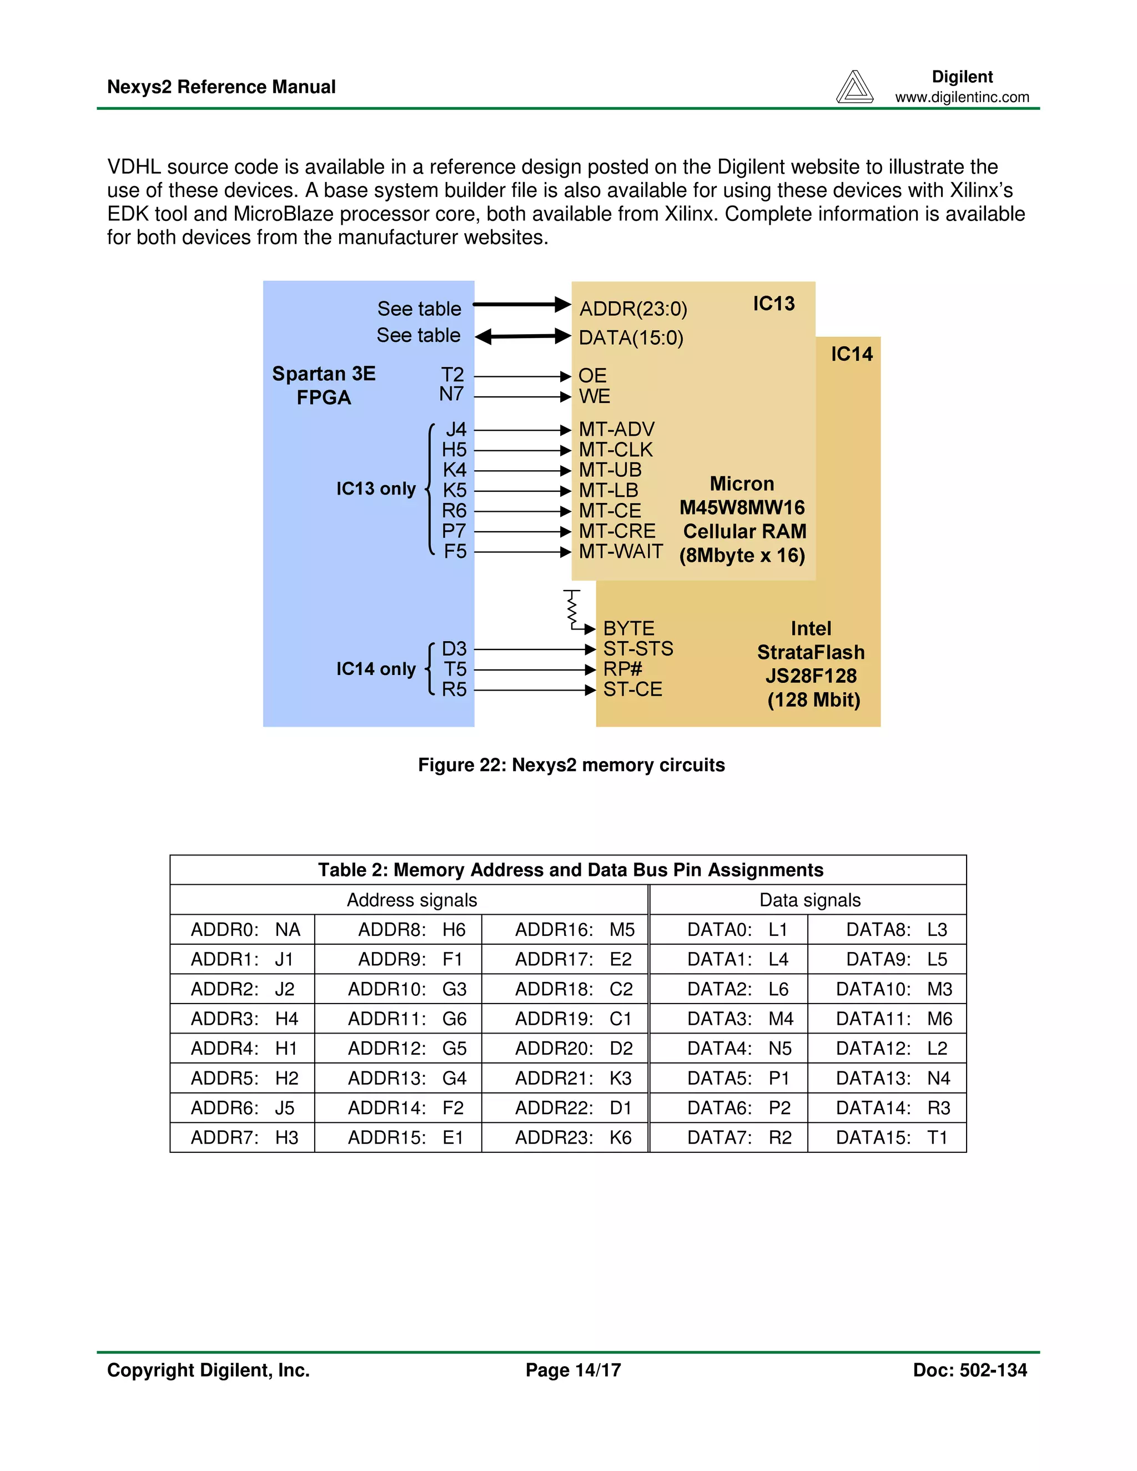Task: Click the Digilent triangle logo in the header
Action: click(854, 88)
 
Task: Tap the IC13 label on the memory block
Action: click(773, 304)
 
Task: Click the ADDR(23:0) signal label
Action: click(633, 309)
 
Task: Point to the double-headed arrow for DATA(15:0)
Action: click(522, 336)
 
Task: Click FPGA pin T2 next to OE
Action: click(452, 375)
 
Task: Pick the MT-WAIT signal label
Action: click(620, 552)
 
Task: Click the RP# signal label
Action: click(622, 669)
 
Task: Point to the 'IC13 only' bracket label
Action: click(376, 489)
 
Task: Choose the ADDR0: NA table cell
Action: click(244, 930)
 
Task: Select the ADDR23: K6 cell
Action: click(572, 1138)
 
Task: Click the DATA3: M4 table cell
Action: click(739, 1019)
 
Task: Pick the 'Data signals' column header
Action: click(809, 900)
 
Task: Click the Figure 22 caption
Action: click(571, 765)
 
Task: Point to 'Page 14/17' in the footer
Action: click(573, 1371)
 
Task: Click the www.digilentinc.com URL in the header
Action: click(962, 97)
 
